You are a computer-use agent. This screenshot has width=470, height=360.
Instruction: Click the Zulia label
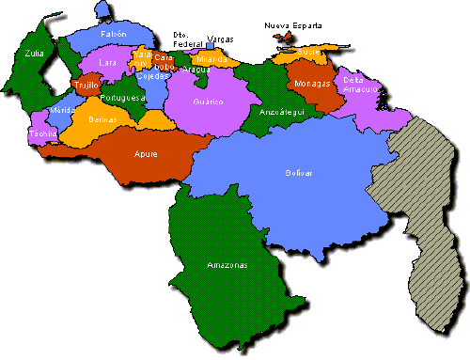pyautogui.click(x=36, y=55)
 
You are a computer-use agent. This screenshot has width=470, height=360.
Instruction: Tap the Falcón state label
pyautogui.click(x=113, y=34)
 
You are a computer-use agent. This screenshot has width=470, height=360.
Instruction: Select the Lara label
pyautogui.click(x=107, y=63)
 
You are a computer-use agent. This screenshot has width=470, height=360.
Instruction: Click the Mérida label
pyautogui.click(x=62, y=111)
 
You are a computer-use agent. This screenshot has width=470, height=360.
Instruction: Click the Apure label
pyautogui.click(x=146, y=153)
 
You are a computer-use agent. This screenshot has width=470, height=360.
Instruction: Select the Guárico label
pyautogui.click(x=208, y=101)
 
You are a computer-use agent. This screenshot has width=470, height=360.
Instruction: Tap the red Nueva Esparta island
pyautogui.click(x=282, y=38)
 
